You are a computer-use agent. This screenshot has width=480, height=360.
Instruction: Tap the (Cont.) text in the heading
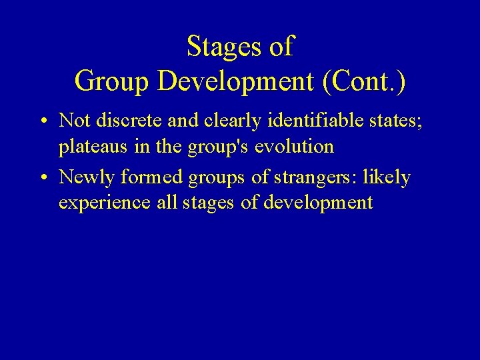coord(363,81)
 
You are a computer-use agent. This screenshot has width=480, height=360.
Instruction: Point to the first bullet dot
coord(42,121)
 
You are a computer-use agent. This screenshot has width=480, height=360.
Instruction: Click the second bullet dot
coord(42,179)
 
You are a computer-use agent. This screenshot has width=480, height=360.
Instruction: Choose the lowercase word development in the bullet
coord(318,203)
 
